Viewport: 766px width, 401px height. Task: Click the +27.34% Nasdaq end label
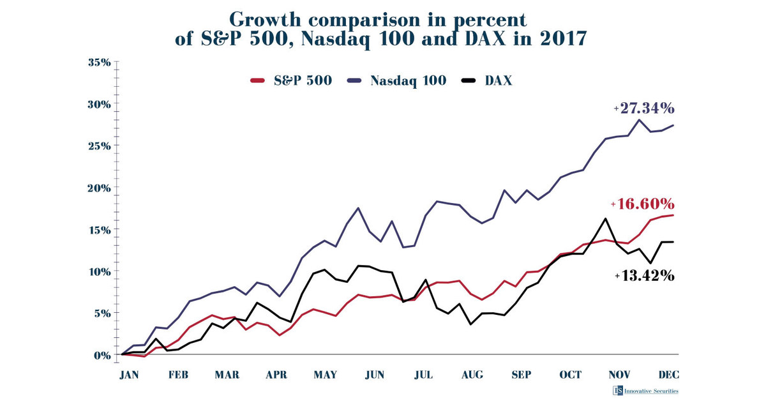tap(645, 108)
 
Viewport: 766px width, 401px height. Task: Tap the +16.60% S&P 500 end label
tap(643, 204)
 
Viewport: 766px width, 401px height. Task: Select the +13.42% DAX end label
tap(645, 276)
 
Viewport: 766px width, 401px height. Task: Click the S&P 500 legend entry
tap(291, 81)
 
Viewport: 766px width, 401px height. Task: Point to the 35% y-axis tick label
tap(99, 63)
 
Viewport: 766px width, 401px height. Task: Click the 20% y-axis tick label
tap(99, 188)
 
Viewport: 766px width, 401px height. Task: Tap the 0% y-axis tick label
tap(101, 355)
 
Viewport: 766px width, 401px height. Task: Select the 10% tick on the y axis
tap(99, 271)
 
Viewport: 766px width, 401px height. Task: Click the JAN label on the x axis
tap(129, 375)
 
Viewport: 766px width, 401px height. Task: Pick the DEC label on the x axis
tap(668, 375)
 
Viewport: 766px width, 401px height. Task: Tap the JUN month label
tap(374, 375)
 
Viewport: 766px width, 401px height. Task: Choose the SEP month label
tap(521, 375)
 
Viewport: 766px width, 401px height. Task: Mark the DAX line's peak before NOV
tap(605, 218)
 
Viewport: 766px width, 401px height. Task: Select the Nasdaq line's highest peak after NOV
tap(638, 119)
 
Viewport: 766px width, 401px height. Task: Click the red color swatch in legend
tap(258, 81)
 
